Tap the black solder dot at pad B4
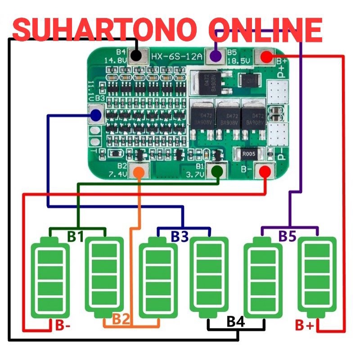[136, 56]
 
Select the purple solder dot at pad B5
[216, 56]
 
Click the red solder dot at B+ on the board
[266, 57]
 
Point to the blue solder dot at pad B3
[95, 116]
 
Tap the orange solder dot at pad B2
[139, 172]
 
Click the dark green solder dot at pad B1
[217, 171]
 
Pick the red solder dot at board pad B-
[265, 171]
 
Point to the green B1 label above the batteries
[76, 236]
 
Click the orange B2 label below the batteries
[121, 319]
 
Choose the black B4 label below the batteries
[236, 322]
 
